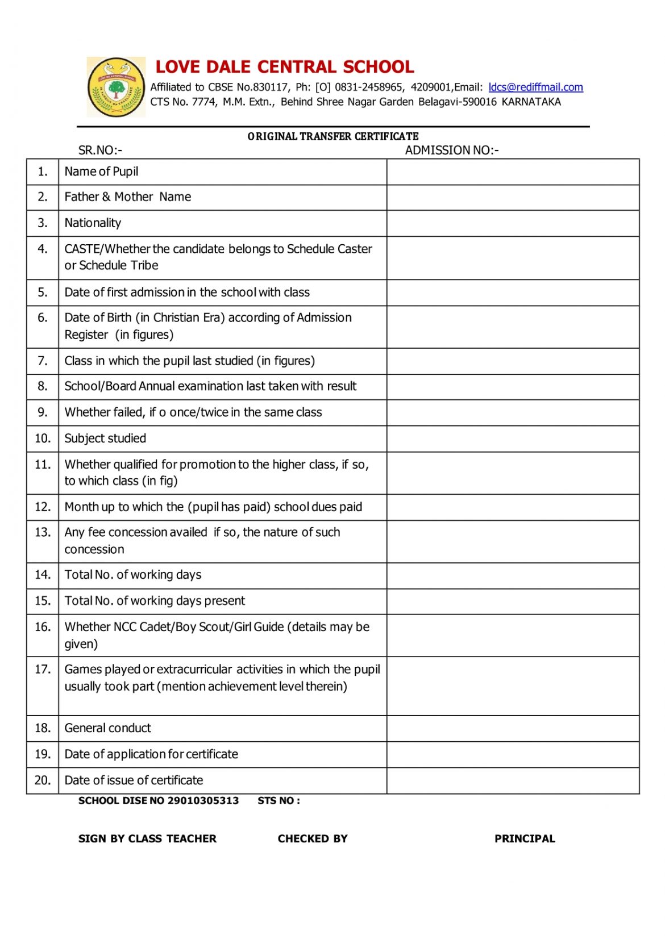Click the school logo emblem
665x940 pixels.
click(x=117, y=87)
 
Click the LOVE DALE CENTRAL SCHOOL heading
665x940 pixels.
click(x=285, y=67)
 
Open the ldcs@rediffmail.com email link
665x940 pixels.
click(x=535, y=87)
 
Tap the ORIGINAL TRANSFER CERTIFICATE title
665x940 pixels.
click(x=333, y=136)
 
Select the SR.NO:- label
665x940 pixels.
click(x=100, y=151)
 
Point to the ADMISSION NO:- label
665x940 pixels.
click(x=451, y=151)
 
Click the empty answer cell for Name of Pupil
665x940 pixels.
click(x=513, y=172)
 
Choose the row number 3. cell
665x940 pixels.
click(x=43, y=223)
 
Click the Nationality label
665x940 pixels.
click(x=93, y=223)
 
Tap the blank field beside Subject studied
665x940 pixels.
click(x=513, y=438)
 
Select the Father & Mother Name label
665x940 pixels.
click(x=128, y=197)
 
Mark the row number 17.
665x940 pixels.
click(x=43, y=670)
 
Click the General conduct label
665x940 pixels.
click(x=108, y=728)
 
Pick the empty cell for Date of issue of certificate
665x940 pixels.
click(x=513, y=780)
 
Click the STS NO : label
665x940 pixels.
click(x=279, y=801)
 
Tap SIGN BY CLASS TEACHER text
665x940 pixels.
click(x=147, y=839)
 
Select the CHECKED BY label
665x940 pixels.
click(x=313, y=839)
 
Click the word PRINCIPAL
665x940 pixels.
click(x=525, y=839)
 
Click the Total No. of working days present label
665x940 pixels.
click(x=155, y=601)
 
